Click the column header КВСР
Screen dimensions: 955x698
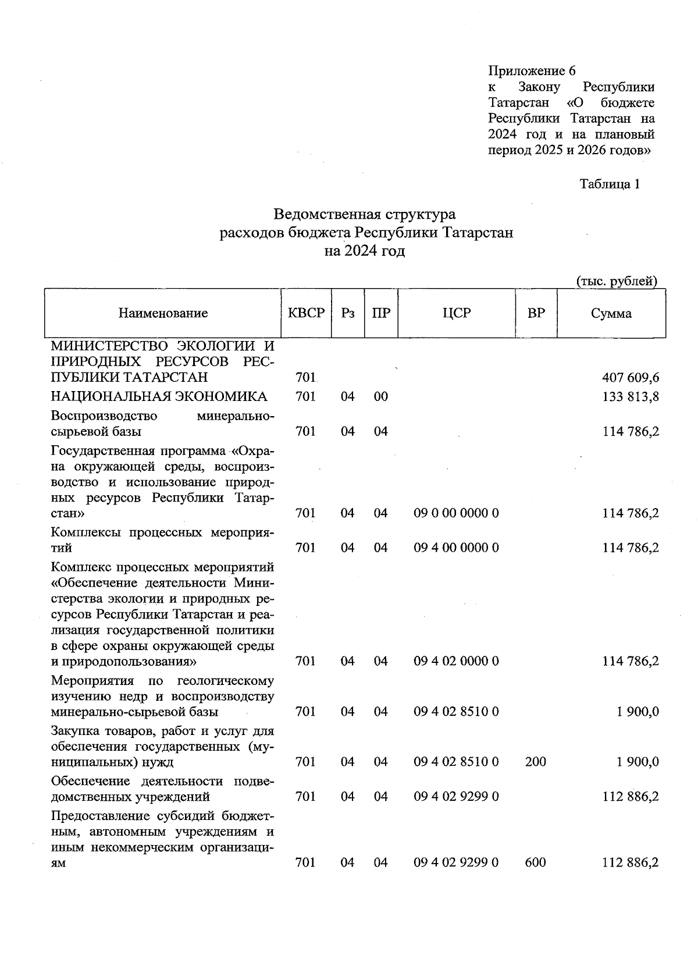(x=306, y=313)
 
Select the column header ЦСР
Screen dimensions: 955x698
(x=456, y=313)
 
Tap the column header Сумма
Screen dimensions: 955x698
(x=611, y=314)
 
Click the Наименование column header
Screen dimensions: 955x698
(x=163, y=314)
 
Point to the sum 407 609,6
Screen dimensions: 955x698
(x=631, y=378)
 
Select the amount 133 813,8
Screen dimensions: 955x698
(x=631, y=397)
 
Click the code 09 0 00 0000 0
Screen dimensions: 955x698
(x=456, y=513)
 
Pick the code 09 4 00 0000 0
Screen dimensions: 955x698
(x=456, y=548)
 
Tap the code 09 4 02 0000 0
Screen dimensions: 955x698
(x=456, y=661)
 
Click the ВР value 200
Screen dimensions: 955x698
(x=535, y=761)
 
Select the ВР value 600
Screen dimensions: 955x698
(x=535, y=862)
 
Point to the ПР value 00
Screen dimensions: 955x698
(x=380, y=397)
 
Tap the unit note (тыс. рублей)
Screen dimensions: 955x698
(x=617, y=282)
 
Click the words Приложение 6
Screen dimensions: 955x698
(x=532, y=71)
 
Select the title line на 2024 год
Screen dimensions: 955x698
(x=365, y=251)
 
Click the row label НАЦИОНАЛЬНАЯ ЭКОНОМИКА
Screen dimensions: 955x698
(x=159, y=397)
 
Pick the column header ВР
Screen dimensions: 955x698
(x=536, y=313)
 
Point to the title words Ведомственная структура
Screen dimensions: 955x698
(x=365, y=214)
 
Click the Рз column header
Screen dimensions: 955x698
(x=348, y=313)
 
